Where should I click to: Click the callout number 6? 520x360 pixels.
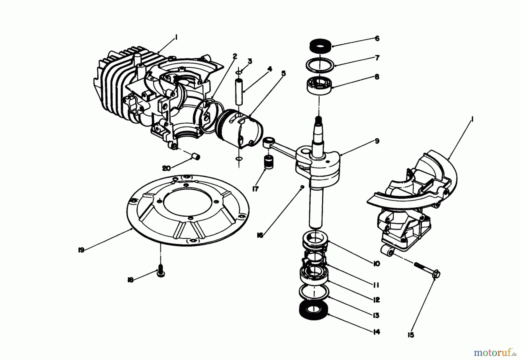click(x=377, y=38)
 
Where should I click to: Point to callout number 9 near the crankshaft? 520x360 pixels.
click(x=377, y=141)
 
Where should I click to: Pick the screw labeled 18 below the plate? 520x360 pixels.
click(x=161, y=273)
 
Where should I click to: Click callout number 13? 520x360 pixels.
click(x=376, y=316)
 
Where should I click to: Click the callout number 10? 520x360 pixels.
click(x=376, y=264)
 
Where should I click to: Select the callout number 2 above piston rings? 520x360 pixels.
click(x=235, y=56)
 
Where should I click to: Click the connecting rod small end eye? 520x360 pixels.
click(x=268, y=141)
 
